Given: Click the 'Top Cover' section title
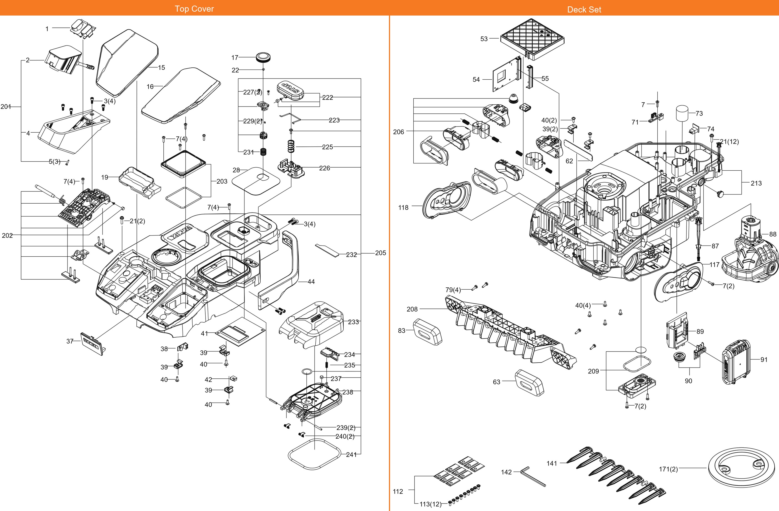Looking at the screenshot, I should [194, 9].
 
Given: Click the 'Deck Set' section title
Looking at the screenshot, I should [584, 9].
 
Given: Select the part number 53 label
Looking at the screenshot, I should [484, 39].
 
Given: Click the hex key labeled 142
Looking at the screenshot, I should [533, 476].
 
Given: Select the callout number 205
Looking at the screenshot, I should [380, 253].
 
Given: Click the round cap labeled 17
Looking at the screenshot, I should [264, 57].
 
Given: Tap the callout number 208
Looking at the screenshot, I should [412, 309].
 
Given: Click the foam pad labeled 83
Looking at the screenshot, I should [428, 332].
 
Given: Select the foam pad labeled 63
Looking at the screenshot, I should [529, 382].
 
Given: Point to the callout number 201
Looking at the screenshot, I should [6, 107].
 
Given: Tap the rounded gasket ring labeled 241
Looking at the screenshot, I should [314, 454].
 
